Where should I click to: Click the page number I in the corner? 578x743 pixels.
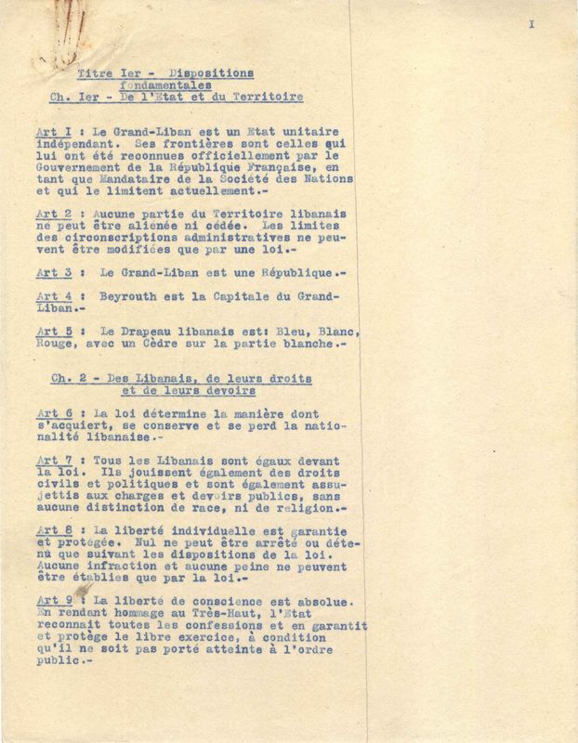click(x=532, y=25)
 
